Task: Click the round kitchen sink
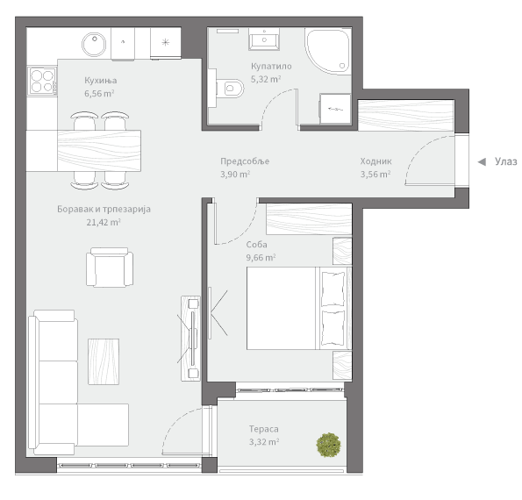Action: coord(94,44)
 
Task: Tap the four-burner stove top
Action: coord(42,81)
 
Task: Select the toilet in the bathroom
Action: coord(230,89)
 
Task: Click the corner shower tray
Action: coord(328,51)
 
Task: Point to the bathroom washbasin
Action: coord(264,39)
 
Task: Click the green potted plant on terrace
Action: coord(329,445)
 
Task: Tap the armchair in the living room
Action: coord(110,268)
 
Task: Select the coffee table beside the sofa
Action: coord(104,361)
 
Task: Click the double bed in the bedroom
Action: coord(299,308)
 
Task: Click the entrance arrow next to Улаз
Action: coord(482,162)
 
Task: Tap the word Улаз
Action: coord(505,161)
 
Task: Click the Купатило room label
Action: coord(271,67)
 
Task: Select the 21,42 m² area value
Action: coord(104,222)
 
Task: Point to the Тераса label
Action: coord(264,429)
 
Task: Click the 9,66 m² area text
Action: coord(261,257)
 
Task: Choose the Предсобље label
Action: coord(245,161)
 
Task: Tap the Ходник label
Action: coord(375,161)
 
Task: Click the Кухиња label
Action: coord(101,81)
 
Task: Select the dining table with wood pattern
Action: coord(99,151)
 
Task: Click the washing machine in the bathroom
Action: coord(335,109)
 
